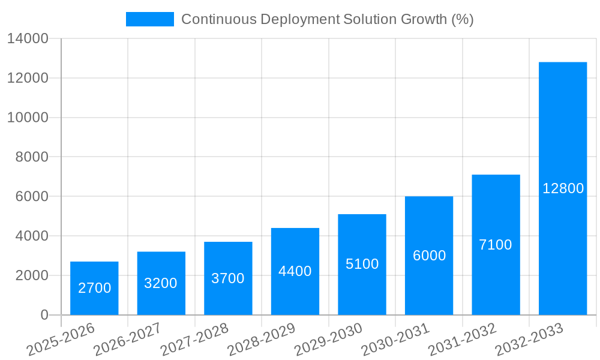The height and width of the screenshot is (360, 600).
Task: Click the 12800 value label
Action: coord(563,188)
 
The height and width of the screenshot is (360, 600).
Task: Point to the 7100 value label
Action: coord(496,245)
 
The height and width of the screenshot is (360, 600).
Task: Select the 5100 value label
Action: coord(362,264)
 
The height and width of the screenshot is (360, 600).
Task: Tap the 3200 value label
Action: coord(161,283)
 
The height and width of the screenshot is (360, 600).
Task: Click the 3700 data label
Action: coord(228,278)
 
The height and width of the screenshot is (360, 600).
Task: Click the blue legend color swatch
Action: coord(149,19)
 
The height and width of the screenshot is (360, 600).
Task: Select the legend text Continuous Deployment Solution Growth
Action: coord(328,19)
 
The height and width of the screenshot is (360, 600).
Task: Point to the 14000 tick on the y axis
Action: coord(28,38)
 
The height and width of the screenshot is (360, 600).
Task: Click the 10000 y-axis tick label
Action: coord(28,118)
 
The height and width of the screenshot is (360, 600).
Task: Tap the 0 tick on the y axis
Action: coord(44,315)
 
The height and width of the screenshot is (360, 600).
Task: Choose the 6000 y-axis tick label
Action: coord(31,197)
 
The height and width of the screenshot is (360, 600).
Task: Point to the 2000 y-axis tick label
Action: coord(31,275)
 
